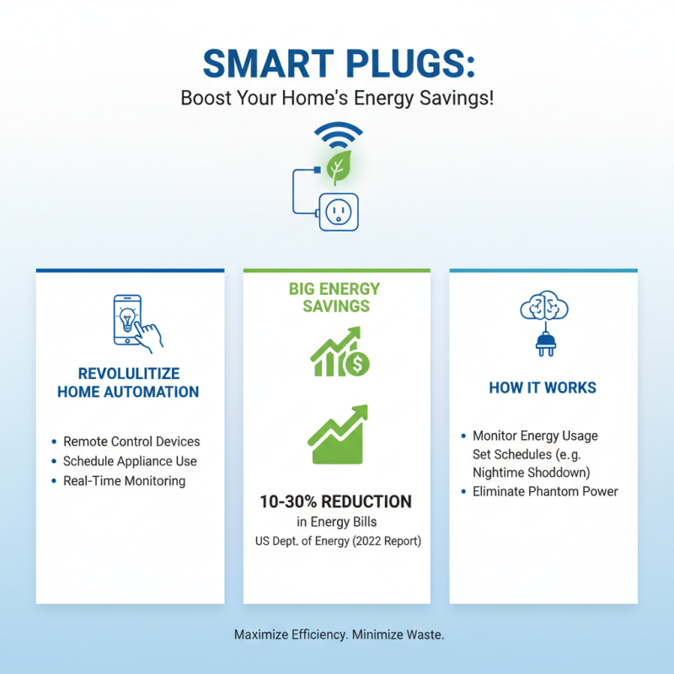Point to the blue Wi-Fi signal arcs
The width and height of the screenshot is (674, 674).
point(337,137)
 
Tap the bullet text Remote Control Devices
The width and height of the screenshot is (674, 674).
point(131,441)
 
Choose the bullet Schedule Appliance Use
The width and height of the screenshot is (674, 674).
point(130,462)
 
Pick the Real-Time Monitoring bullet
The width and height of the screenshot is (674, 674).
point(124,481)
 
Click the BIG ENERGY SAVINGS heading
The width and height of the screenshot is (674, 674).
point(334,297)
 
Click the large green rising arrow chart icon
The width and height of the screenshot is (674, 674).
point(337,435)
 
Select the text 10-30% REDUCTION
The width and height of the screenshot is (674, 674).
point(336,502)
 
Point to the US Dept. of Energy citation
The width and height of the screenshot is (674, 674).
point(337,540)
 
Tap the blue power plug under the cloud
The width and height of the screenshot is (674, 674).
point(543,343)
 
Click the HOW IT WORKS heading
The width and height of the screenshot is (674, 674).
point(543,388)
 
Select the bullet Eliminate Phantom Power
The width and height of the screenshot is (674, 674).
point(545,491)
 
